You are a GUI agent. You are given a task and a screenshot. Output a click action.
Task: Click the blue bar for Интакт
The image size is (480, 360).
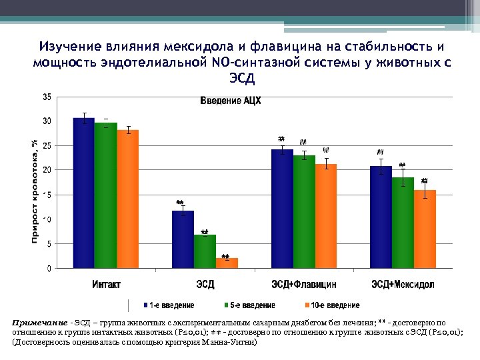pyautogui.click(x=83, y=193)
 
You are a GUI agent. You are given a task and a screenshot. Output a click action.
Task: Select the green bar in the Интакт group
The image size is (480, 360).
pyautogui.click(x=105, y=196)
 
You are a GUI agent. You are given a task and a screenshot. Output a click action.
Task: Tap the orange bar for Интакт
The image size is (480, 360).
pyautogui.click(x=127, y=199)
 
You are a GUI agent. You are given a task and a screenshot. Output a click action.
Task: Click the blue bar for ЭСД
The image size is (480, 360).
pyautogui.click(x=183, y=239)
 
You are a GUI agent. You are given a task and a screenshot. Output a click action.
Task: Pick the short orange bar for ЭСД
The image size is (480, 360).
pyautogui.click(x=227, y=263)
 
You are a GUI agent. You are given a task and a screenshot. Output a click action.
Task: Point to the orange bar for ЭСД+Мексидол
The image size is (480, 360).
pyautogui.click(x=425, y=229)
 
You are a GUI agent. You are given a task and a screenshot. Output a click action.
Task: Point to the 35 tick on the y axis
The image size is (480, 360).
pyautogui.click(x=47, y=97)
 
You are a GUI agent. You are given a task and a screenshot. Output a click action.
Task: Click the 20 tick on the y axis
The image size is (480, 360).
pyautogui.click(x=47, y=170)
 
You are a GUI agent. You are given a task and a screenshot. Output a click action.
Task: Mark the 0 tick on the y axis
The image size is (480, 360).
pyautogui.click(x=49, y=269)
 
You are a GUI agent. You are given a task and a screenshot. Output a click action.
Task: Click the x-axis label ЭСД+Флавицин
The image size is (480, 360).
pyautogui.click(x=303, y=285)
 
